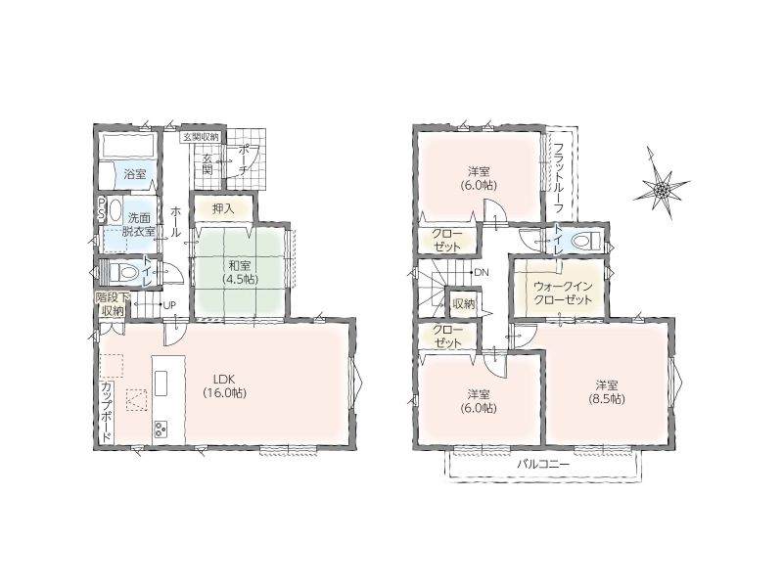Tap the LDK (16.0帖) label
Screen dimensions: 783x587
click(x=224, y=384)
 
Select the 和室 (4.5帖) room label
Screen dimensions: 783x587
click(x=240, y=272)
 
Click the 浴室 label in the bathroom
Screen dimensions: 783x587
click(x=134, y=174)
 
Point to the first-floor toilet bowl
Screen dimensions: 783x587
click(x=127, y=273)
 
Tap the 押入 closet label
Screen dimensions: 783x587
click(x=223, y=208)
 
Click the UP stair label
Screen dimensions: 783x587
click(x=169, y=305)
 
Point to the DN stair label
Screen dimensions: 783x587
click(x=482, y=273)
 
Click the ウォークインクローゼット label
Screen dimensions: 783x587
click(x=562, y=293)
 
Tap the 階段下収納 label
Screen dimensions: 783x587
click(x=113, y=304)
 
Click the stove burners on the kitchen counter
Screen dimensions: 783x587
click(x=161, y=429)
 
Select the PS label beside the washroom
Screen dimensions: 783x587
click(x=102, y=209)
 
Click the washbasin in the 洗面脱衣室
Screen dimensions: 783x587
click(x=115, y=211)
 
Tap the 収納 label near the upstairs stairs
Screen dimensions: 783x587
click(x=463, y=303)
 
